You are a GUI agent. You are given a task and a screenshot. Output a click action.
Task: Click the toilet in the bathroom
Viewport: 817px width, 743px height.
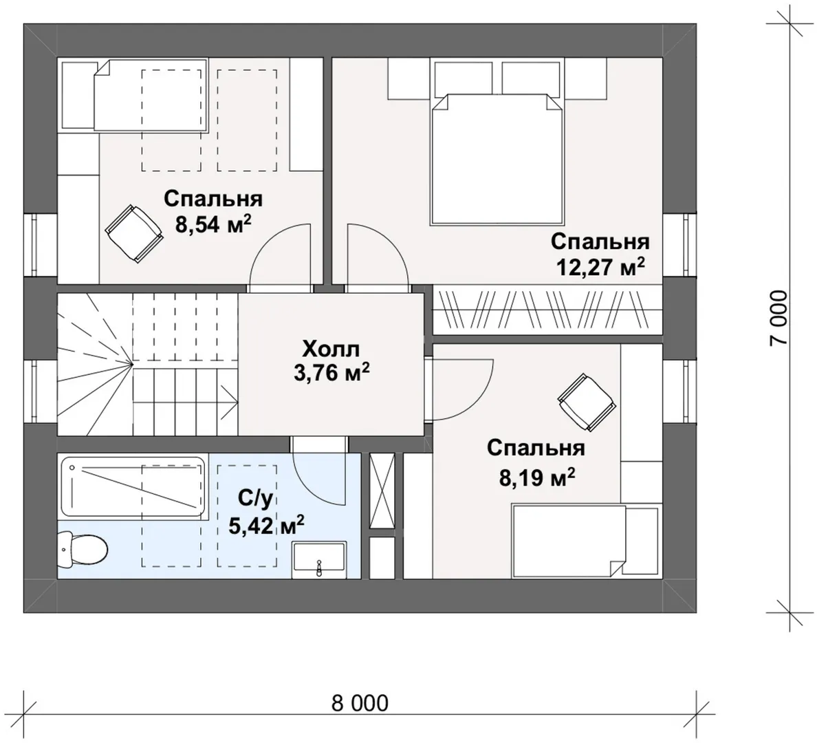coord(83,550)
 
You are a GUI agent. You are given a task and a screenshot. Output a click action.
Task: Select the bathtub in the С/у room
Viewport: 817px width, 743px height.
coord(132,486)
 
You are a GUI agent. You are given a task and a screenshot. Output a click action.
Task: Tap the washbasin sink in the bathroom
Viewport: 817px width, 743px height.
coord(318,560)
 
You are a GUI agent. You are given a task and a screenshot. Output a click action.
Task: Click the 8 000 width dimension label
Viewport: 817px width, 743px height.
coord(360,703)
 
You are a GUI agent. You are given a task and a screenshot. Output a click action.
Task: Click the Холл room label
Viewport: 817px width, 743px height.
coord(331,348)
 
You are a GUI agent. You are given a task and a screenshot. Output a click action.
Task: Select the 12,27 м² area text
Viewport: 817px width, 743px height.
coord(601,268)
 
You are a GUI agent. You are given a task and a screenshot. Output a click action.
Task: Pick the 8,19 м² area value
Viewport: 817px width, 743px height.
coord(537,477)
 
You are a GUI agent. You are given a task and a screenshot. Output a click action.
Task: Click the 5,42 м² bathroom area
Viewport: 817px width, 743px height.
coord(266,526)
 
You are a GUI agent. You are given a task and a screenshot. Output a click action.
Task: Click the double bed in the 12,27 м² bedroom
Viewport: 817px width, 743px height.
coord(497,159)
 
